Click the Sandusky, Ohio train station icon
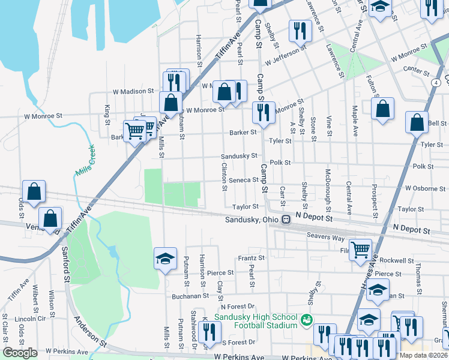(x=286, y=220)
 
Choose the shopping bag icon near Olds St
(x=34, y=191)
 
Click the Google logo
(x=20, y=353)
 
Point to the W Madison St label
(x=133, y=91)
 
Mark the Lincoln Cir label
(x=15, y=318)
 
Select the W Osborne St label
(x=424, y=188)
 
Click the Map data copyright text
(x=423, y=355)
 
